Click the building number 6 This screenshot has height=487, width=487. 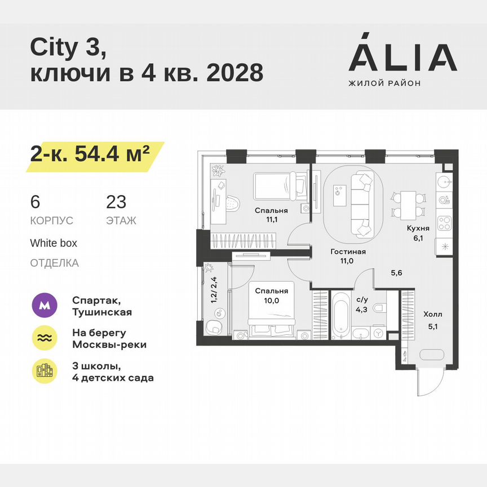click(35, 202)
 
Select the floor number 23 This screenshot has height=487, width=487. click(116, 202)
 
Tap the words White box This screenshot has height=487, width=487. click(54, 243)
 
